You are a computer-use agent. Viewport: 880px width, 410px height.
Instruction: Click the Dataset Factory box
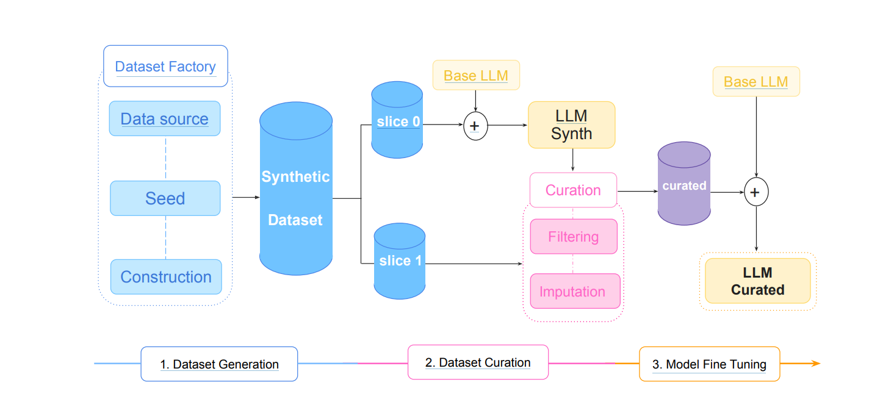165,66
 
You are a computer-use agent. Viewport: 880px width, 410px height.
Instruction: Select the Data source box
165,118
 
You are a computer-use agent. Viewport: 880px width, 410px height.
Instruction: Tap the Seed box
165,198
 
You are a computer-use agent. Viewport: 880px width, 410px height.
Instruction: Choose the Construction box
165,277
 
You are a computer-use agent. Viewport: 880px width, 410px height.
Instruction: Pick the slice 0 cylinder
397,120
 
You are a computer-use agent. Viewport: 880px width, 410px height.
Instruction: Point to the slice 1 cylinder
400,261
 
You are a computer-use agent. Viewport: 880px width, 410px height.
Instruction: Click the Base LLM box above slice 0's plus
476,75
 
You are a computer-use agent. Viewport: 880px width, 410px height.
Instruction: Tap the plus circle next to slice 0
475,126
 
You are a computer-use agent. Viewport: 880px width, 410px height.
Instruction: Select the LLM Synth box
571,125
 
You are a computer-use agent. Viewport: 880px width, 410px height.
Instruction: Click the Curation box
573,190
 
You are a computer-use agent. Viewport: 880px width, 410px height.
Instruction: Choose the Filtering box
574,236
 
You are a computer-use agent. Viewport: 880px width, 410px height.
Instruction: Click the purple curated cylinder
684,185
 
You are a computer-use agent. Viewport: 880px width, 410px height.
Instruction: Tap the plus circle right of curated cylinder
756,192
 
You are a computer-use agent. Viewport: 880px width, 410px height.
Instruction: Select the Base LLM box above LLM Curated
756,82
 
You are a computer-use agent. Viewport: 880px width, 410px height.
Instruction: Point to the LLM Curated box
758,281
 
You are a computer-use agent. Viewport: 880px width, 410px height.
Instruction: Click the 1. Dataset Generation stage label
219,364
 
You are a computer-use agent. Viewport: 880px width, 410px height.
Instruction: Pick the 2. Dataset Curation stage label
478,362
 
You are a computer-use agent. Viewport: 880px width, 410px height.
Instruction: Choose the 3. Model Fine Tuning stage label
709,364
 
